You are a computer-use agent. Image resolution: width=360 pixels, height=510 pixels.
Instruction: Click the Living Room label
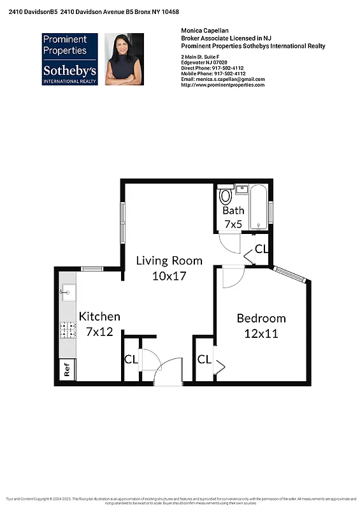pyautogui.click(x=169, y=261)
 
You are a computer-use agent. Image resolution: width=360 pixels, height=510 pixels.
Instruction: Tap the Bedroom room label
pyautogui.click(x=261, y=318)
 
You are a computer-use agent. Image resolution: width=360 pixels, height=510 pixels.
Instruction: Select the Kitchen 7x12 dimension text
pyautogui.click(x=99, y=331)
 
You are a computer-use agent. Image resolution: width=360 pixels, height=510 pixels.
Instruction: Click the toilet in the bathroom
pyautogui.click(x=225, y=194)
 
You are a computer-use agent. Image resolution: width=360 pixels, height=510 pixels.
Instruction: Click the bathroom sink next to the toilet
pyautogui.click(x=241, y=189)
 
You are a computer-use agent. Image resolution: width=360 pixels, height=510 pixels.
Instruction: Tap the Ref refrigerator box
pyautogui.click(x=66, y=370)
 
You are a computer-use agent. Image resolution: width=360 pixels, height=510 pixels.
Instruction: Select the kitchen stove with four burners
pyautogui.click(x=66, y=330)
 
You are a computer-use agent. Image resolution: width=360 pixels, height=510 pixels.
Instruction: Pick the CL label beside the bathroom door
pyautogui.click(x=261, y=249)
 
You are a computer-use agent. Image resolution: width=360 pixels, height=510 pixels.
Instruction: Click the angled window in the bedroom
pyautogui.click(x=290, y=274)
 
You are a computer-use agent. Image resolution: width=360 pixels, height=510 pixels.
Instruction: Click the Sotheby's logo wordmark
pyautogui.click(x=69, y=71)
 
